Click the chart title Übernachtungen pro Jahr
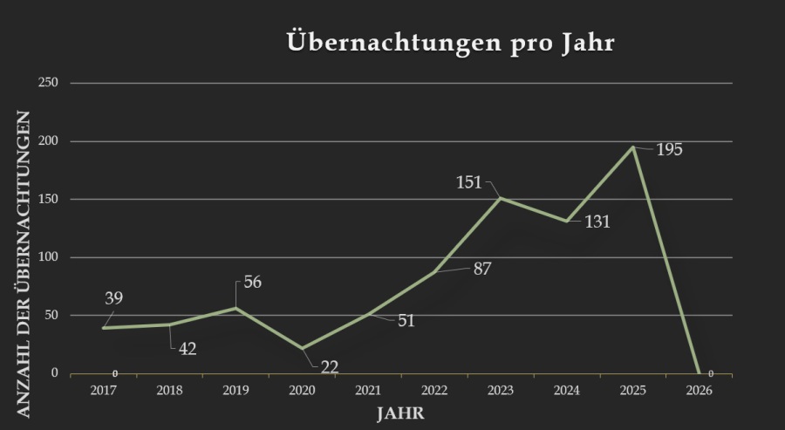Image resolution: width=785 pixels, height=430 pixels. point(450,44)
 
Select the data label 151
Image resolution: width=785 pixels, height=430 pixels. point(469,183)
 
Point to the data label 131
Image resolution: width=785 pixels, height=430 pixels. point(597,222)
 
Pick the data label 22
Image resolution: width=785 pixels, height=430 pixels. point(329,367)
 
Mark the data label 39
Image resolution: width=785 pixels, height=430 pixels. point(114,299)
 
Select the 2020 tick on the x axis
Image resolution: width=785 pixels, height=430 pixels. point(302,390)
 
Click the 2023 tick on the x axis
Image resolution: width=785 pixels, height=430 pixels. point(501,390)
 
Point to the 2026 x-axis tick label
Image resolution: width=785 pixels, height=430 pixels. point(700,390)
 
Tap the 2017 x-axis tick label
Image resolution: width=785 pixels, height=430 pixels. point(104,390)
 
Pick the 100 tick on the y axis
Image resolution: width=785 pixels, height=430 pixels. point(48,257)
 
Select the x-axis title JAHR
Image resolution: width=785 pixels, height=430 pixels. point(401,412)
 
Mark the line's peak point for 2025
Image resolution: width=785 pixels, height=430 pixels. point(633,147)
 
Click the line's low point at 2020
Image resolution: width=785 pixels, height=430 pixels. point(302,348)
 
